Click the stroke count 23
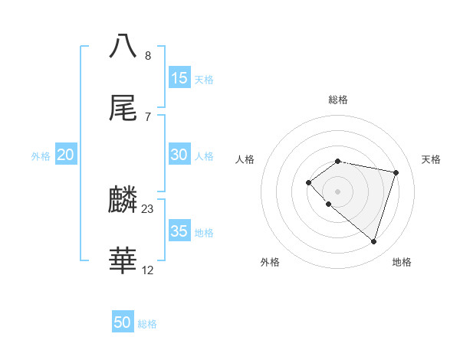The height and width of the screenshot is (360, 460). click(x=148, y=208)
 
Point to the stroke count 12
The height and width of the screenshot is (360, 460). click(x=148, y=270)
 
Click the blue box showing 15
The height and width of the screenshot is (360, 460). click(x=179, y=78)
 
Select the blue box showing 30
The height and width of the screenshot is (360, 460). click(x=179, y=155)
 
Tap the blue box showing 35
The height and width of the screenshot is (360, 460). click(x=179, y=231)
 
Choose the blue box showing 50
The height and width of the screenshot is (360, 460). click(x=123, y=322)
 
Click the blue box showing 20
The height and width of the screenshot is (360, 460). click(x=65, y=155)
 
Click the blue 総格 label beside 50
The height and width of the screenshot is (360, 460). click(x=147, y=324)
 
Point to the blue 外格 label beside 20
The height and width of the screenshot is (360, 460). click(x=41, y=155)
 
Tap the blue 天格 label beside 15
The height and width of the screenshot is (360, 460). click(x=204, y=79)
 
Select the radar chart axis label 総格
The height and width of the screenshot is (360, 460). click(x=338, y=100)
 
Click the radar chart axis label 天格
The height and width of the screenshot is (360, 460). click(x=431, y=159)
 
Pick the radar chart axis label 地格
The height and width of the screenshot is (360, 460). click(x=402, y=262)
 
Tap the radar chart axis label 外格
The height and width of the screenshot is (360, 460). click(x=270, y=262)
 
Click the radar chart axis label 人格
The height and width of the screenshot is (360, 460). click(x=245, y=159)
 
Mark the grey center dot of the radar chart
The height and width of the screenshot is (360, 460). click(x=338, y=191)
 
